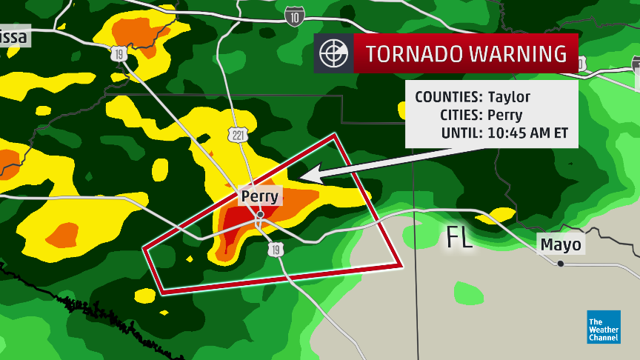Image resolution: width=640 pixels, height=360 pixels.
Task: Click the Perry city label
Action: point(260,196)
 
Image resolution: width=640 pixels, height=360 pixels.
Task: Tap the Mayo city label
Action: point(561,244)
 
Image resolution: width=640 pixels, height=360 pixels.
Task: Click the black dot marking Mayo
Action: point(561,264)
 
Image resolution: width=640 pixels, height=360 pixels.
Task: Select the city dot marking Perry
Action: point(261,215)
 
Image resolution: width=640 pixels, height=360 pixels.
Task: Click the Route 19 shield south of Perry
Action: point(275,252)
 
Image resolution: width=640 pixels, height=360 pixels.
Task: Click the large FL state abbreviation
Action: point(459,239)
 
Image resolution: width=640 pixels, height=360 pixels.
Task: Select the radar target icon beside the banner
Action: point(333,54)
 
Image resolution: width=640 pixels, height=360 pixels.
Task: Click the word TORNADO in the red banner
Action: point(413,54)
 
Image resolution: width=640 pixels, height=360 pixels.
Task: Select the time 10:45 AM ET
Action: point(527,133)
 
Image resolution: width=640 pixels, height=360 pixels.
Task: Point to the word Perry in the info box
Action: point(504,116)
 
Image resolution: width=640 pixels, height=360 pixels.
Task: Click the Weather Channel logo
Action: point(603,326)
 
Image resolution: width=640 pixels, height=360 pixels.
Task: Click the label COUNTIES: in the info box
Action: point(449,97)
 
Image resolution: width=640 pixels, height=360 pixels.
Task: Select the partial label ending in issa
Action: point(14,36)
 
